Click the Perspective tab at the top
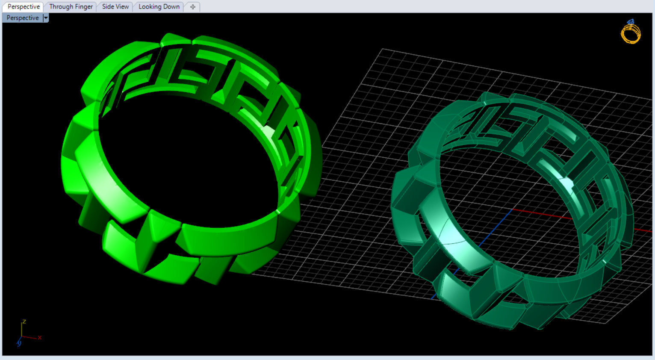click(24, 6)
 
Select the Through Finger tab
click(71, 6)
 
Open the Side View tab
click(115, 6)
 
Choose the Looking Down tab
click(159, 6)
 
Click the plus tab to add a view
click(193, 7)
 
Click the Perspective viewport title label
click(23, 18)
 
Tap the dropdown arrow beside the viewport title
click(46, 18)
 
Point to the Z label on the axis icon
click(24, 322)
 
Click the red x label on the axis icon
click(39, 337)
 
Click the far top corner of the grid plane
click(382, 50)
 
